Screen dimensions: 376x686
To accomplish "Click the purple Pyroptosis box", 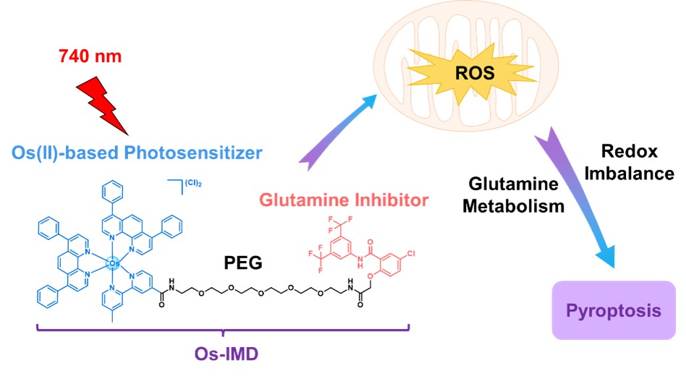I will [613, 311].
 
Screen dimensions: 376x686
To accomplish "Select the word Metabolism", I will [514, 206].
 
